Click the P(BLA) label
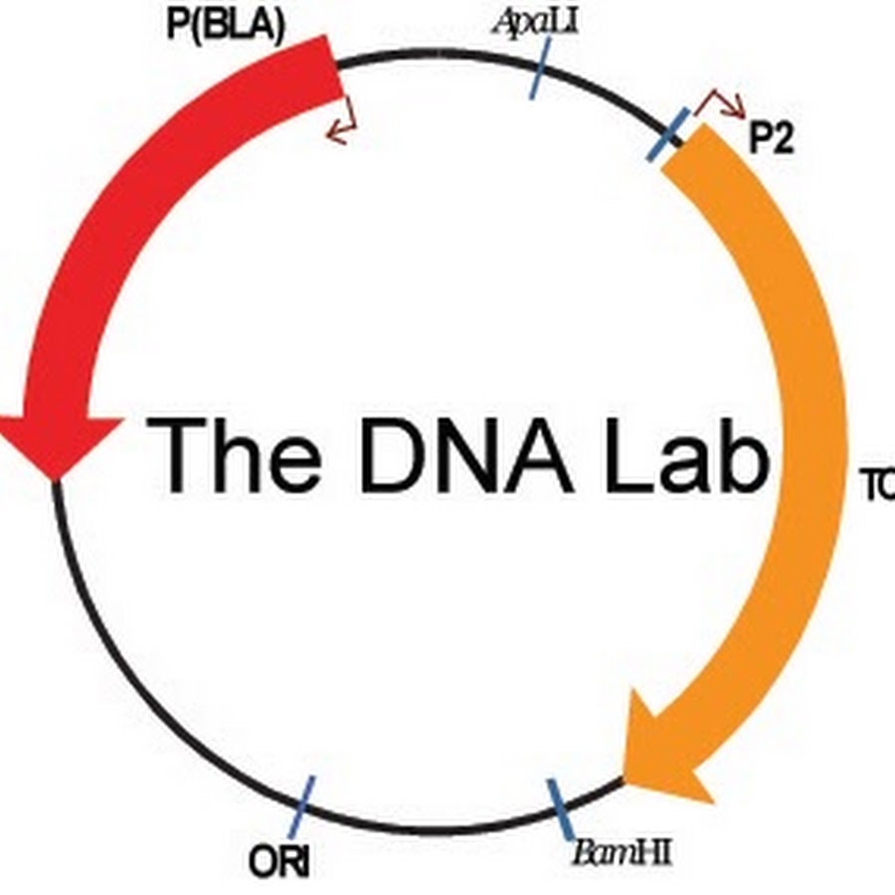pos(226,24)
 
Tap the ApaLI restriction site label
pos(535,21)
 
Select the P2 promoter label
pos(772,140)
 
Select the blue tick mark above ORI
pos(302,805)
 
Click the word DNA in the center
pos(465,455)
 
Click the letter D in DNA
pos(390,455)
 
